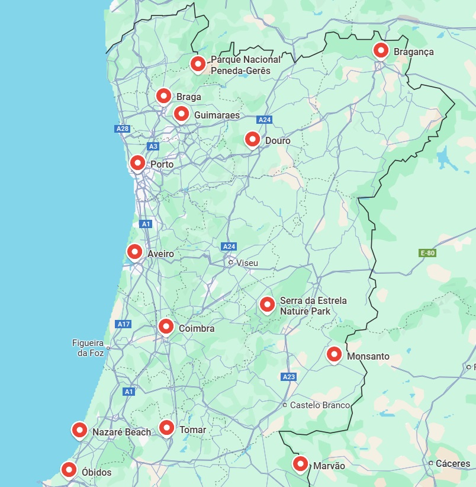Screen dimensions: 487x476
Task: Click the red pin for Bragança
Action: (x=381, y=50)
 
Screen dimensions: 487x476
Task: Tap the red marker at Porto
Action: (x=137, y=163)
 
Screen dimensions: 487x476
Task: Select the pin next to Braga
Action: (x=163, y=95)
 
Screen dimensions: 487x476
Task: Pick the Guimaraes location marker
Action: (x=181, y=113)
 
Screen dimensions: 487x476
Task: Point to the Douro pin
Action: (x=252, y=139)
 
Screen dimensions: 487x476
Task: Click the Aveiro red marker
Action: (x=134, y=252)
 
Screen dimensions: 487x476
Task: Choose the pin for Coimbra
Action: (x=166, y=326)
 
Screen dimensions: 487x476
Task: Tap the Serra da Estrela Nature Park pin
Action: (x=267, y=305)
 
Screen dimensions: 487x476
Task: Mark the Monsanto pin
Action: (x=335, y=355)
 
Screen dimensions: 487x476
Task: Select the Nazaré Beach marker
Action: (x=79, y=431)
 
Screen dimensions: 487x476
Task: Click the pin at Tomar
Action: (x=166, y=428)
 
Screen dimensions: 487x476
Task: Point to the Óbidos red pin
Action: (x=69, y=470)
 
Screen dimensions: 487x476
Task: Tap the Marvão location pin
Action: (x=301, y=464)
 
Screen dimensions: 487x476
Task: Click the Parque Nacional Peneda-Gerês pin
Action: (x=198, y=63)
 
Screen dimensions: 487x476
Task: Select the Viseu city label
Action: (x=247, y=262)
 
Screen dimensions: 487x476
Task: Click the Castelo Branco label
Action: (x=320, y=405)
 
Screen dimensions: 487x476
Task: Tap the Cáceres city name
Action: (x=454, y=463)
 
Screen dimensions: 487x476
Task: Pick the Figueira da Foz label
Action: (x=88, y=348)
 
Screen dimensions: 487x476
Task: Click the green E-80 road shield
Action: (x=427, y=253)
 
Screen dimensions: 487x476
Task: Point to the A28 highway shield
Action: (x=123, y=129)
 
